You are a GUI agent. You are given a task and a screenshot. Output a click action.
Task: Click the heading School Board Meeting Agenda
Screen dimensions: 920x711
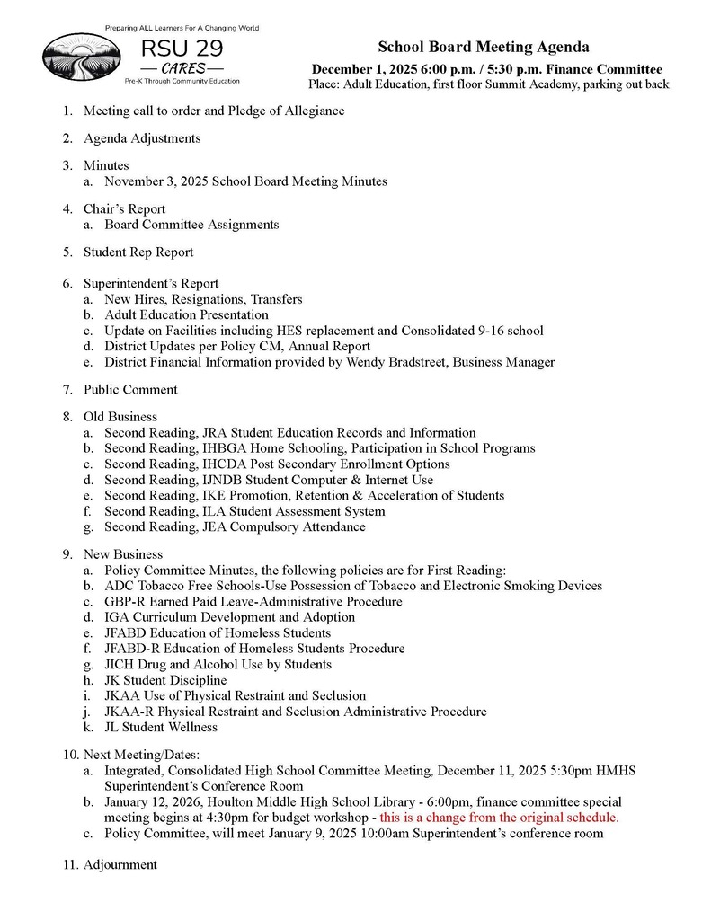[x=483, y=49]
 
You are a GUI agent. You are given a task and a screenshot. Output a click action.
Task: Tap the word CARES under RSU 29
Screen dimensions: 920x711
[x=182, y=68]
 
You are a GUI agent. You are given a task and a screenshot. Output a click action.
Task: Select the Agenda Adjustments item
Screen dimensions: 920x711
[x=142, y=138]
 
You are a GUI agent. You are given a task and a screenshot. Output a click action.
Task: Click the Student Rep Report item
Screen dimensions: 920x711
[x=138, y=252]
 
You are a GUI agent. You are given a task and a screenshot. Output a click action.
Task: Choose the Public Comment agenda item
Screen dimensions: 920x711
[x=130, y=389]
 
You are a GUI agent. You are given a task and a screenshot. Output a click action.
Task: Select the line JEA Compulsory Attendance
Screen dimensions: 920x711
[x=235, y=527]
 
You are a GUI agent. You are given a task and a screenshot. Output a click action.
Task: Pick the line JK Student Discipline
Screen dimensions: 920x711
[x=165, y=680]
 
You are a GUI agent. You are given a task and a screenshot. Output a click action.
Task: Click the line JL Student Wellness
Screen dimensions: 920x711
[x=161, y=727]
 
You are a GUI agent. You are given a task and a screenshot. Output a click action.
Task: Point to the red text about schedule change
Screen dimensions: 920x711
[x=499, y=818]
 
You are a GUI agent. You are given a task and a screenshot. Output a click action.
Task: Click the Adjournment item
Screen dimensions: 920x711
[x=120, y=864]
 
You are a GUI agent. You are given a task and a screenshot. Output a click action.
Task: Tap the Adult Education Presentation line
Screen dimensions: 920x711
[x=186, y=314]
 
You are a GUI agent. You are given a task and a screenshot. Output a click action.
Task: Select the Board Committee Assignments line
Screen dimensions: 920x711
[x=191, y=225]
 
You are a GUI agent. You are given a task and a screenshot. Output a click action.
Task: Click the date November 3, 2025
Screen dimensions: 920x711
[x=156, y=181]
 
